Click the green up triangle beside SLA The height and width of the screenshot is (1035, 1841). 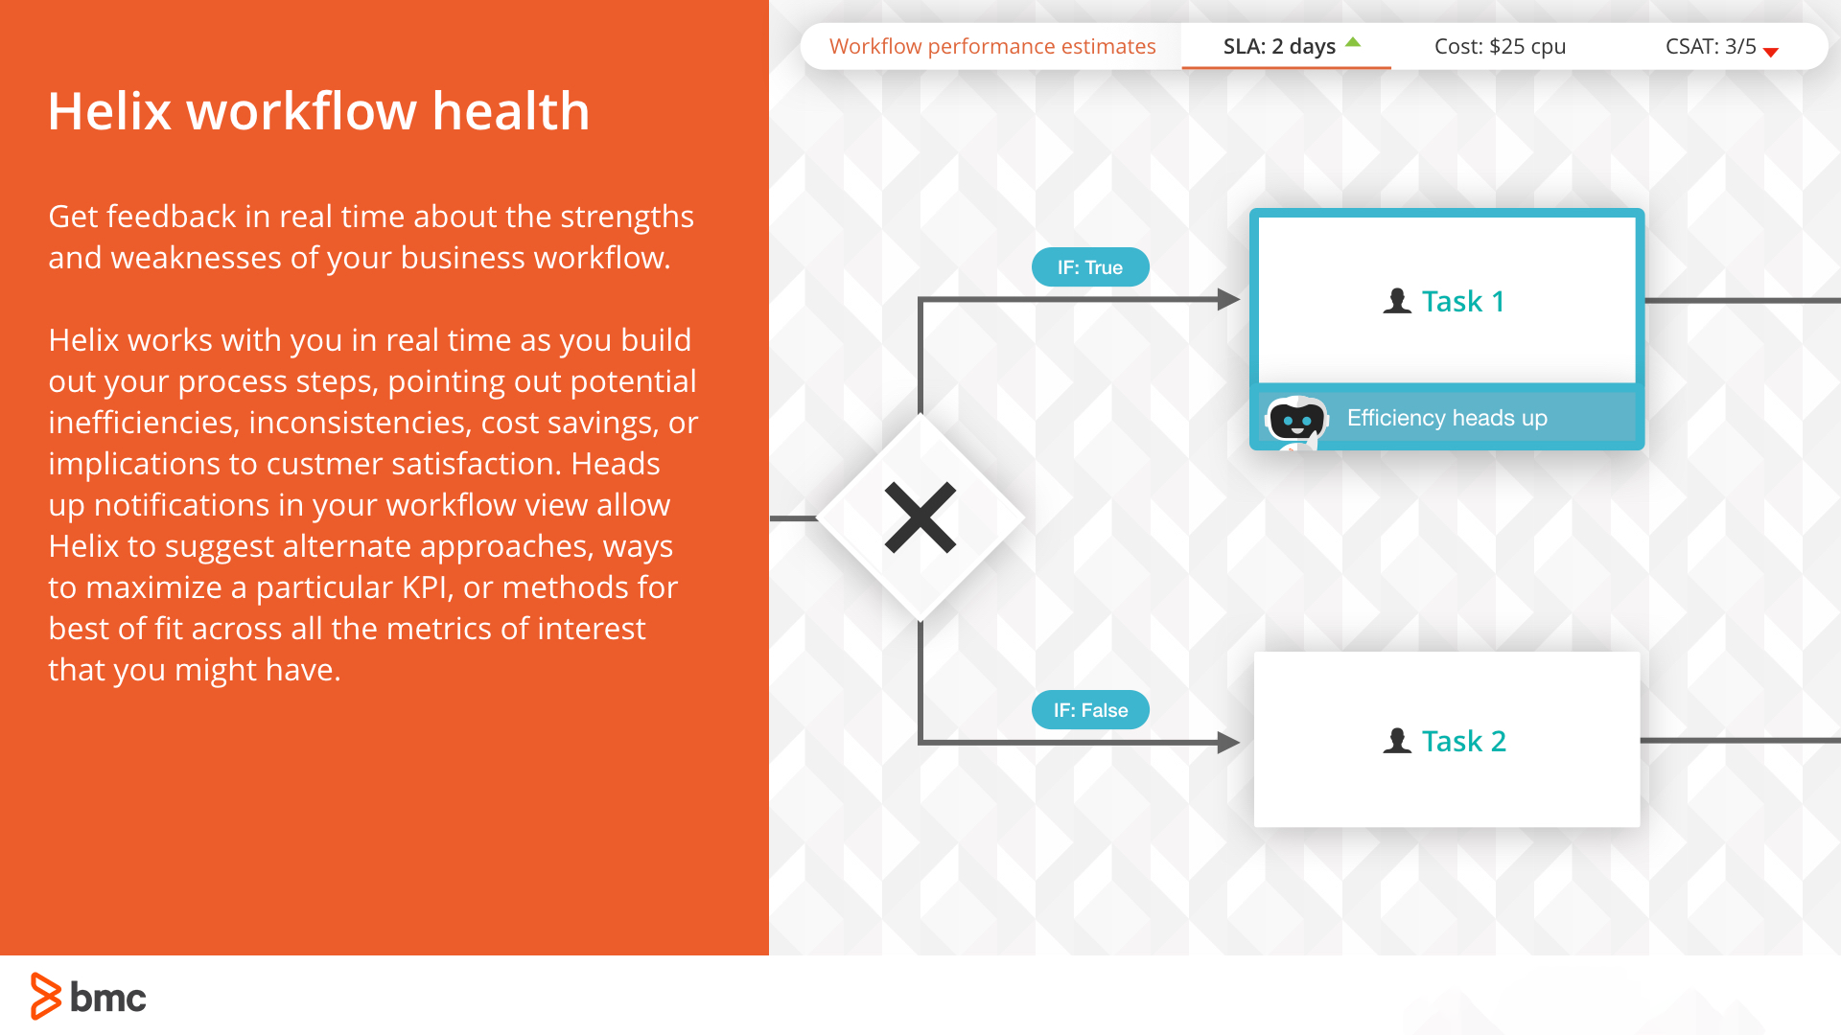(1353, 42)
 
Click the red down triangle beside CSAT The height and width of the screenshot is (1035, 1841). (1771, 53)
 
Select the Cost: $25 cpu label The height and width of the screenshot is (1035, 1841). (1500, 46)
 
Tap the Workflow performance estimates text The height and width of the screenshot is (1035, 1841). (992, 46)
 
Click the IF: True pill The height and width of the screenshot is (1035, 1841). (1090, 267)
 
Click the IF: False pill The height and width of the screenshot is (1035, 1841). (1090, 710)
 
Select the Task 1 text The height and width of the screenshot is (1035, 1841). (1462, 301)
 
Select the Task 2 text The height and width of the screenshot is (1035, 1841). (1463, 741)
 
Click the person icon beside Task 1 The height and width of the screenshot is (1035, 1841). (1397, 301)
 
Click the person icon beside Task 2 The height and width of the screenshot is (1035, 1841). (1397, 741)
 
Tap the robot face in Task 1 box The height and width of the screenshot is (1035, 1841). (1296, 419)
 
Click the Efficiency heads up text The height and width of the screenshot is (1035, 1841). (1447, 418)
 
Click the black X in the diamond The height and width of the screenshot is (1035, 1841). (920, 517)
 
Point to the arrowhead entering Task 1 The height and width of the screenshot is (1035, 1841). (1228, 300)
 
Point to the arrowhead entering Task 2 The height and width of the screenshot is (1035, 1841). (1228, 742)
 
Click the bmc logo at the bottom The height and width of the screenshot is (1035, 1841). (88, 997)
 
